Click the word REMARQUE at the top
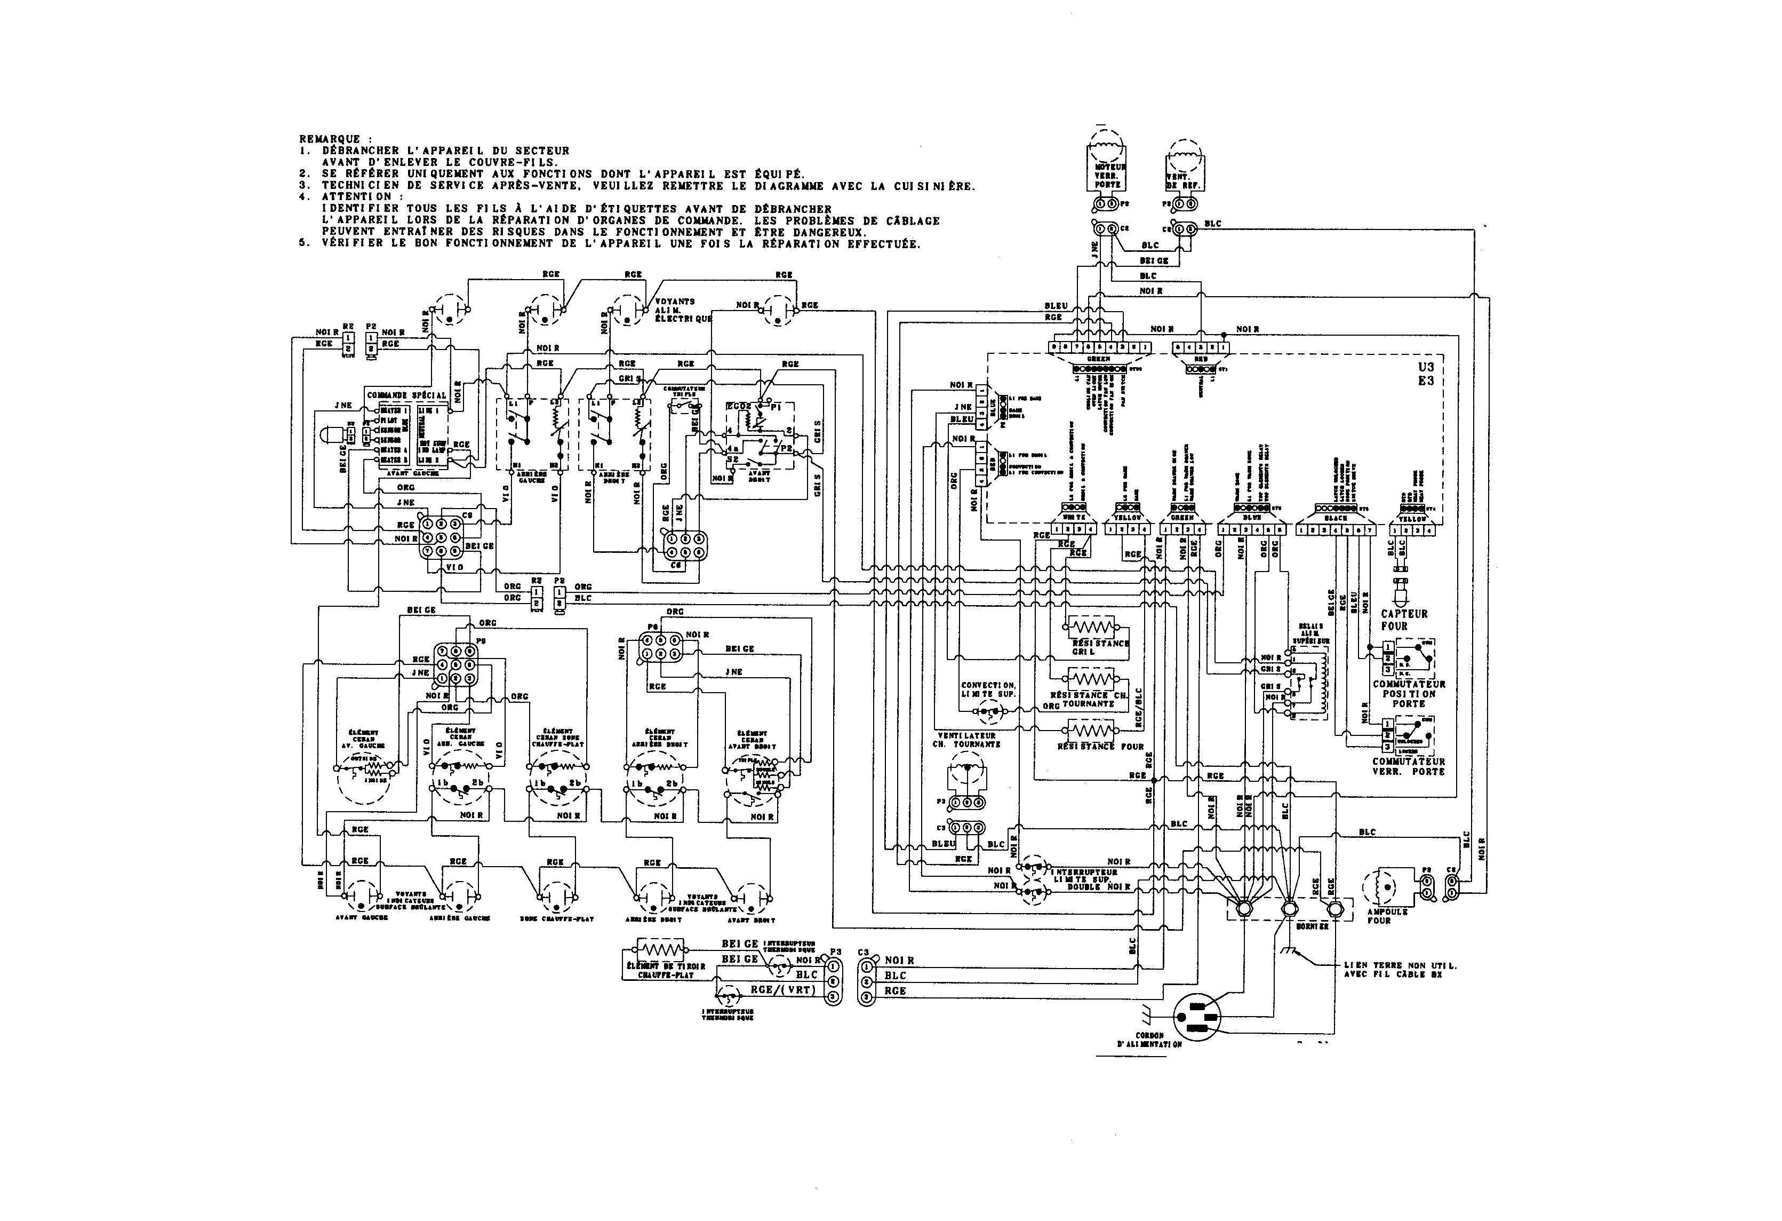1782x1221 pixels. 330,139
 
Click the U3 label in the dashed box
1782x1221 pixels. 1426,367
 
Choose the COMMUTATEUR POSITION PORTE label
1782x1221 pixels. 1409,693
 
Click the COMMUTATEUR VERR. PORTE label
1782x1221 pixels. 1409,767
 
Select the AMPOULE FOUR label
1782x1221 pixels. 1387,916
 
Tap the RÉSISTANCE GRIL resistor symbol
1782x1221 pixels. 1092,626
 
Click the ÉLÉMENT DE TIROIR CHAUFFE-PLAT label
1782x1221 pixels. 666,970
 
